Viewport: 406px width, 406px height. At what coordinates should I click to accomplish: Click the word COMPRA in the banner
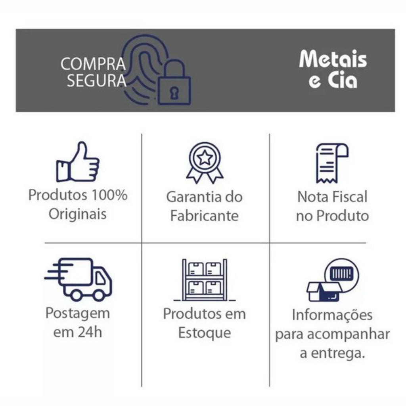(93, 64)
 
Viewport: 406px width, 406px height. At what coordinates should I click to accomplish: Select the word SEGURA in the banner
(96, 80)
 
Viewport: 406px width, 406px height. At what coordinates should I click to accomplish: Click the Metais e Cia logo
(333, 70)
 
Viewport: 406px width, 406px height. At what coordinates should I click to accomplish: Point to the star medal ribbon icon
(205, 163)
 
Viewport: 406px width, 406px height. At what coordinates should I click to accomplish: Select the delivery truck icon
(79, 279)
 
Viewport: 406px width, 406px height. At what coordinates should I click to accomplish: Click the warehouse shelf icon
(205, 280)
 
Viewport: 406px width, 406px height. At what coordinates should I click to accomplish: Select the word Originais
(78, 214)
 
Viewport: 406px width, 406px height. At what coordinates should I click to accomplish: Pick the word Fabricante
(205, 216)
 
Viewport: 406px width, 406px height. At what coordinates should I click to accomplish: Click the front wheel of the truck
(99, 295)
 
